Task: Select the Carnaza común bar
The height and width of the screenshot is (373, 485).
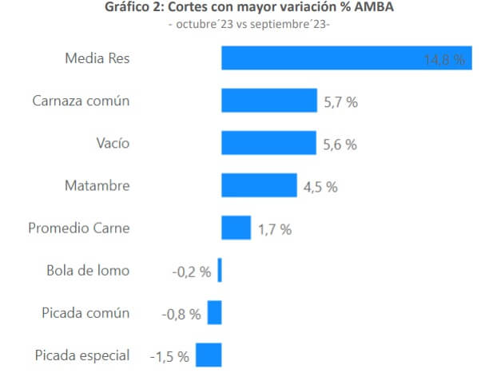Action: click(x=260, y=101)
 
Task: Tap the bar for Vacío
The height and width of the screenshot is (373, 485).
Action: click(x=259, y=144)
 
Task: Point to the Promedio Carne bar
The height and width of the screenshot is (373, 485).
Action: click(x=236, y=228)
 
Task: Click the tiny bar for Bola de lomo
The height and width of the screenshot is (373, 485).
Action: click(x=220, y=271)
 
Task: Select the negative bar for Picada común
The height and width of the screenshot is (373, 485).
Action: click(x=214, y=313)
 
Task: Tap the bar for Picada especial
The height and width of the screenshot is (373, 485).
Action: click(x=209, y=355)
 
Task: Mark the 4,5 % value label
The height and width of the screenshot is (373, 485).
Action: click(x=320, y=187)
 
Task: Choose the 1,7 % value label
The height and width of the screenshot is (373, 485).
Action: click(x=274, y=229)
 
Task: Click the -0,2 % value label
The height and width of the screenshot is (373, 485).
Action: click(x=192, y=272)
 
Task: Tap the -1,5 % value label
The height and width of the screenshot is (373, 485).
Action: click(x=169, y=355)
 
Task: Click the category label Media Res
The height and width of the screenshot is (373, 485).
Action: click(x=97, y=58)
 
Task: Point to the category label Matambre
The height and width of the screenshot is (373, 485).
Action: click(x=97, y=185)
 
